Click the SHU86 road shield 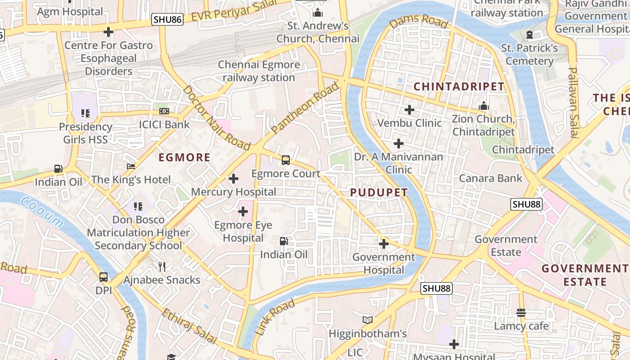click(x=167, y=19)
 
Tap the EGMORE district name click(x=184, y=157)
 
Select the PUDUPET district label click(x=379, y=193)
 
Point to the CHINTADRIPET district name click(x=459, y=87)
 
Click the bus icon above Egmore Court click(x=285, y=160)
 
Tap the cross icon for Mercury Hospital click(x=233, y=179)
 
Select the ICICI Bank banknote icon click(x=164, y=111)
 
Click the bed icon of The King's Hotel click(x=131, y=167)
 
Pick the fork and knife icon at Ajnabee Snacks click(x=162, y=267)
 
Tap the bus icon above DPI click(x=103, y=277)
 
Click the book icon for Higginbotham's click(x=368, y=320)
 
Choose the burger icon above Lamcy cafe click(x=521, y=312)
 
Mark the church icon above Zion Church click(x=484, y=106)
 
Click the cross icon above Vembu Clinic click(x=409, y=110)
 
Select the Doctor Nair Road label click(x=216, y=118)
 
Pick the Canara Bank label click(x=490, y=179)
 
